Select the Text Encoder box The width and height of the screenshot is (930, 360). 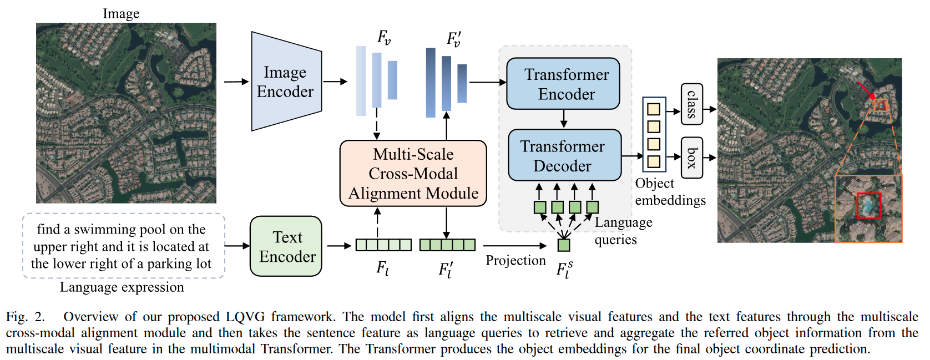point(286,246)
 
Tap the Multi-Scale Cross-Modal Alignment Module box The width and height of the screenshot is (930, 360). point(413,174)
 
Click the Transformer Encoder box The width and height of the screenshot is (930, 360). point(563,84)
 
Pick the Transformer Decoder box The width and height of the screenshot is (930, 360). point(564,155)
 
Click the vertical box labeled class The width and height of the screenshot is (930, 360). point(691,104)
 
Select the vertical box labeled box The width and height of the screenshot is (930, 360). point(691,158)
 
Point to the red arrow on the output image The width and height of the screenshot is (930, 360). point(865,90)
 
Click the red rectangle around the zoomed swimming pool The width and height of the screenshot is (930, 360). point(868,206)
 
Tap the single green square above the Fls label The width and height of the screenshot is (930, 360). point(564,245)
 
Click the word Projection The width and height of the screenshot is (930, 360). point(515,261)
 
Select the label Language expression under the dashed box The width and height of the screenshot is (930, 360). point(122,287)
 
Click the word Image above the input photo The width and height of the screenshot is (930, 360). point(121,13)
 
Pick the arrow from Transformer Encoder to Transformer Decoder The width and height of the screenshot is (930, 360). point(564,119)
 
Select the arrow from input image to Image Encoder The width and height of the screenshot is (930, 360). point(236,82)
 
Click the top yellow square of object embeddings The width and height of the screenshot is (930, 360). point(654,109)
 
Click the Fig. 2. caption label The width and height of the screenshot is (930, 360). point(25,317)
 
